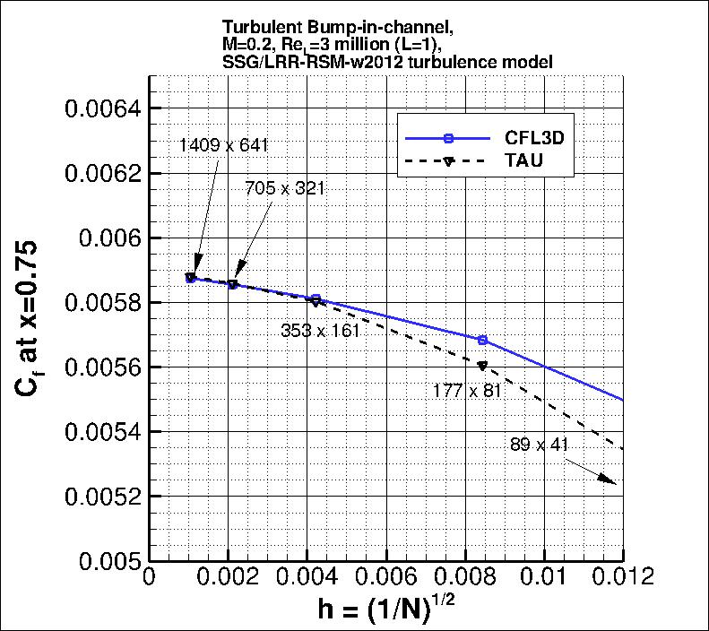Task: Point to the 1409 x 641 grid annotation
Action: pos(223,144)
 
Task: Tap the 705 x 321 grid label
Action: pos(284,188)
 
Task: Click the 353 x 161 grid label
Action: pos(320,331)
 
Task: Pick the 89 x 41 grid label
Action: pos(538,444)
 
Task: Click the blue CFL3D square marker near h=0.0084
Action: pos(483,340)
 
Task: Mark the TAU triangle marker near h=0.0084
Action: pos(483,366)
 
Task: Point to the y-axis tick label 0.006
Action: pos(108,238)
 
